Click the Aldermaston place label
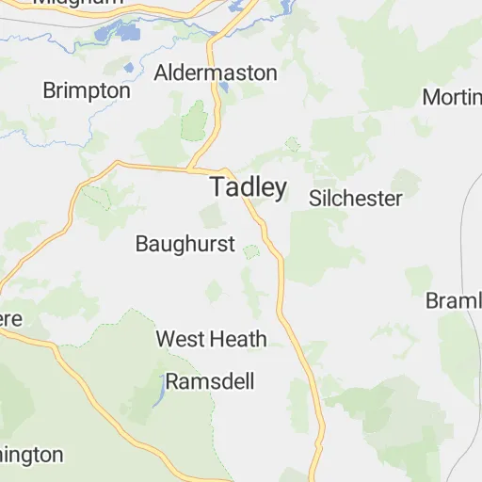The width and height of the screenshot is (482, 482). point(216,72)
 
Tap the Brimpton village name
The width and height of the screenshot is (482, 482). point(87,90)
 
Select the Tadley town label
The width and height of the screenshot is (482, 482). point(249,187)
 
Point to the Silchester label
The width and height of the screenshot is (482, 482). point(356,199)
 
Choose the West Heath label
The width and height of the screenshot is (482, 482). point(211,339)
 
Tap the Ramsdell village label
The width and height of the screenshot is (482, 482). point(210,381)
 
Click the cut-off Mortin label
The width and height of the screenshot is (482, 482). point(452,97)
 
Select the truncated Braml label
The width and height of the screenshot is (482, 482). point(454,300)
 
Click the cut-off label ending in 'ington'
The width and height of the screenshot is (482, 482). point(31,455)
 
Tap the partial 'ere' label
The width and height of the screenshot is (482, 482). point(10,319)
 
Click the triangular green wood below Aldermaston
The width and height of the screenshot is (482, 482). point(195,122)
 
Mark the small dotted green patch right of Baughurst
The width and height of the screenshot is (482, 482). point(251,251)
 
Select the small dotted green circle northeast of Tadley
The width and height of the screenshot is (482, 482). point(293,144)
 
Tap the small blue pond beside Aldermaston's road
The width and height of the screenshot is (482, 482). point(224,88)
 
